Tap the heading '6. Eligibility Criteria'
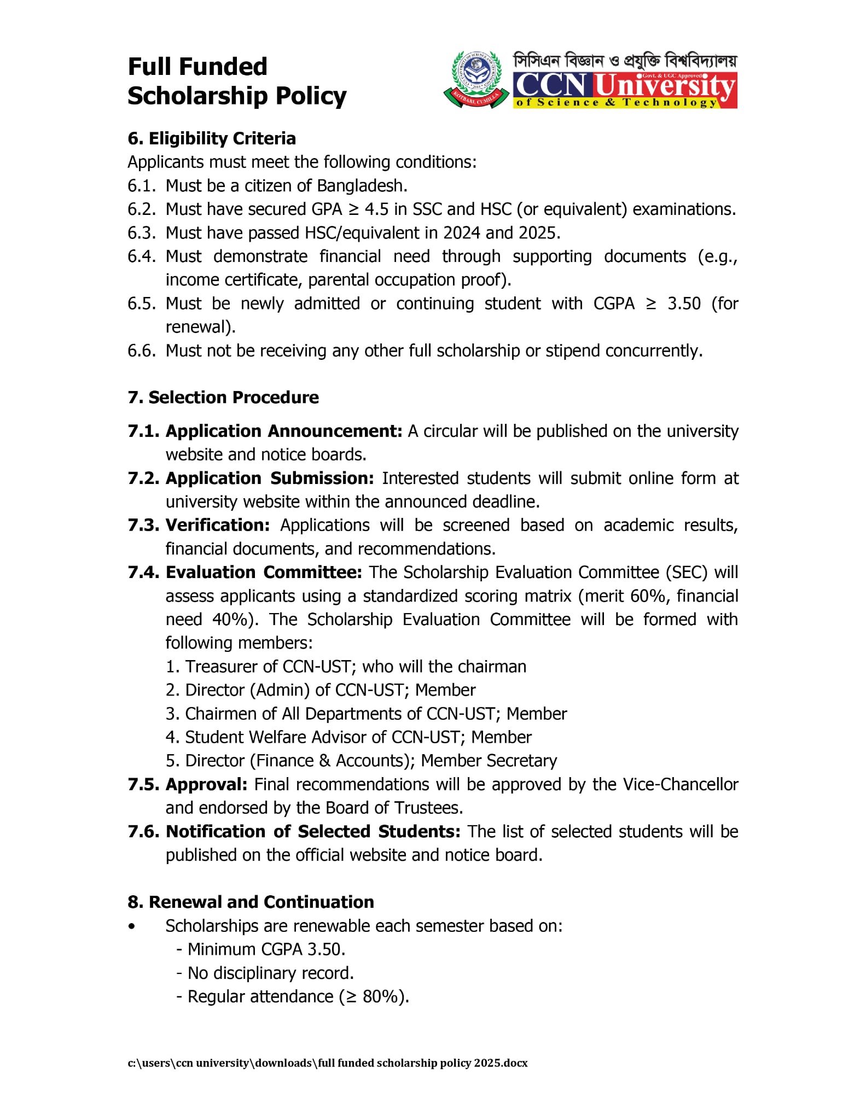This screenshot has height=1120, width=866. click(x=212, y=138)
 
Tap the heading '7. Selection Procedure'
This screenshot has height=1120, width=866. click(x=223, y=397)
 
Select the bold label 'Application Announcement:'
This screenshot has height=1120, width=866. click(x=284, y=431)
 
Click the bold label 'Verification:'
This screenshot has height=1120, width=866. click(x=218, y=525)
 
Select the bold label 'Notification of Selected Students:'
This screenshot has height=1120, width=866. click(x=313, y=831)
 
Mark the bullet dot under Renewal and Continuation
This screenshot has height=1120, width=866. click(x=131, y=926)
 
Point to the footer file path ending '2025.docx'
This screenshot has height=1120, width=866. click(x=328, y=1063)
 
